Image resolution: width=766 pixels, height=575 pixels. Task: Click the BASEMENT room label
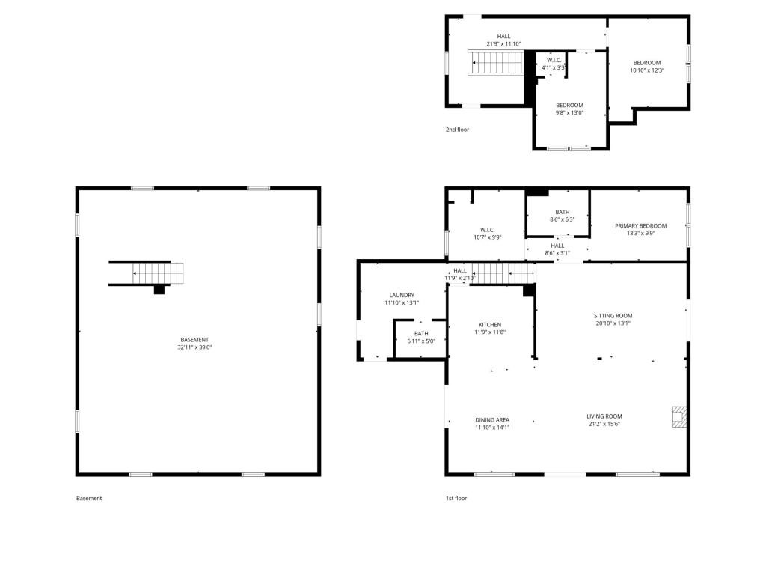click(x=194, y=340)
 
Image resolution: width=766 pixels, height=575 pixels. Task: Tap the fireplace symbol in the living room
click(x=679, y=416)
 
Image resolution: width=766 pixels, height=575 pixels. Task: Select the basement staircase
click(x=158, y=273)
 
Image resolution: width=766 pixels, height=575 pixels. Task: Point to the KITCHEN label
click(x=489, y=325)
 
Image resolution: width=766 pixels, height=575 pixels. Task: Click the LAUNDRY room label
click(x=402, y=295)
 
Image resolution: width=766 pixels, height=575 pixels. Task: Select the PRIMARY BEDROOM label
click(x=640, y=226)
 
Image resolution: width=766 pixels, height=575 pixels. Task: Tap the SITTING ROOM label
click(x=613, y=316)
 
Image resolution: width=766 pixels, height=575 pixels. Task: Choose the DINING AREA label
click(x=492, y=420)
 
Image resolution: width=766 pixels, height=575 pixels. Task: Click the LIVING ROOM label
click(x=604, y=416)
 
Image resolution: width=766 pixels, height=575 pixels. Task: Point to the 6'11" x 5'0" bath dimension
click(x=421, y=341)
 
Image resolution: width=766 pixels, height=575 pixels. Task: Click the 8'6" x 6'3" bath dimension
click(x=563, y=219)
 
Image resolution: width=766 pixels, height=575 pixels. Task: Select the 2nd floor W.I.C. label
click(x=554, y=60)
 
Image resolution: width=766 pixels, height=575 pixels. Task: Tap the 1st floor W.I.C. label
click(x=487, y=230)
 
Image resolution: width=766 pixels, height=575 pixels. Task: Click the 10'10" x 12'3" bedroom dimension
click(x=647, y=70)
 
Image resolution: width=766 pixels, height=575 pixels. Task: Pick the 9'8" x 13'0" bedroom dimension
click(x=569, y=113)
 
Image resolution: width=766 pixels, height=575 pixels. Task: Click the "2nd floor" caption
click(x=457, y=130)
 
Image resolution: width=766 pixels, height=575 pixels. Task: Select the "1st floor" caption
click(x=456, y=498)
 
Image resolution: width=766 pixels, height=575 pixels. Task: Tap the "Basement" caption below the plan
click(x=89, y=498)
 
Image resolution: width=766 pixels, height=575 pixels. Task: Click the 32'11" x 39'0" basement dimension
click(x=194, y=347)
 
